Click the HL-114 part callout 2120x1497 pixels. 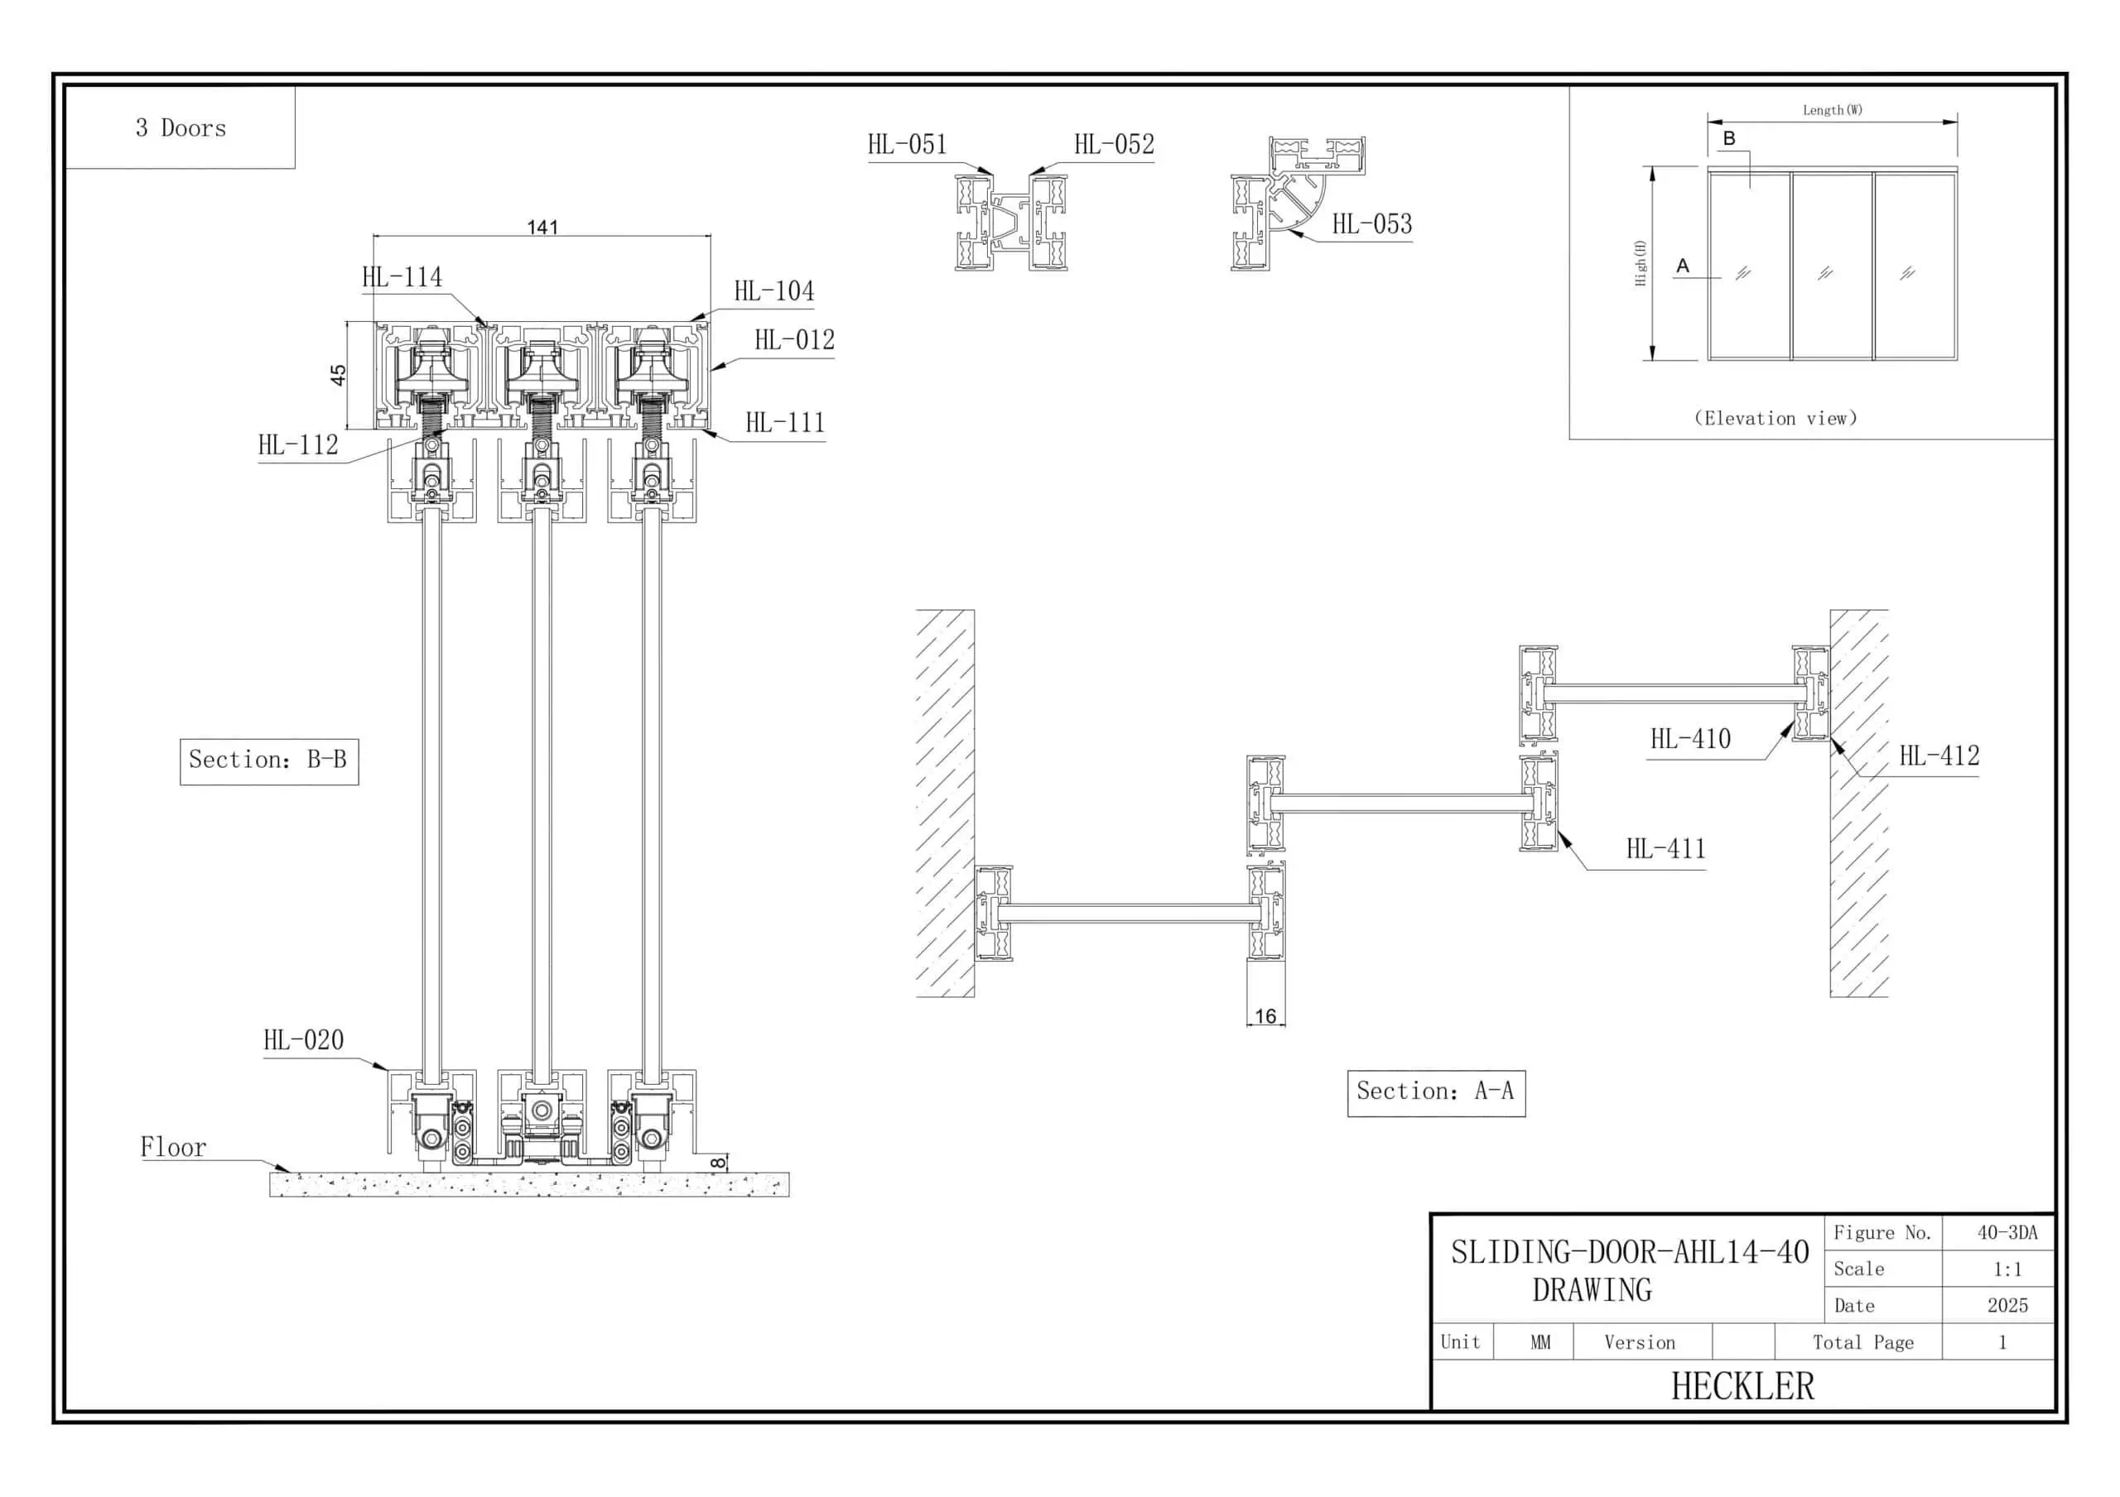point(402,277)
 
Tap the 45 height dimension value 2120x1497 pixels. point(338,375)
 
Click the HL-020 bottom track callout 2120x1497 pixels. point(303,1041)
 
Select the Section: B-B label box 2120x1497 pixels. point(268,760)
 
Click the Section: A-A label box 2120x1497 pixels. point(1436,1092)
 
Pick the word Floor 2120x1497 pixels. point(173,1148)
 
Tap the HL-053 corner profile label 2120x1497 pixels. point(1371,224)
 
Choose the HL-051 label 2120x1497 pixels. point(907,145)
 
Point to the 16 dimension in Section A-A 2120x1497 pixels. point(1265,1016)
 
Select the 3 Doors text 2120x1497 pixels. point(181,128)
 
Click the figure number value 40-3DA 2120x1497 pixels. point(2007,1233)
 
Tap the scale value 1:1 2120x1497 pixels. point(2007,1270)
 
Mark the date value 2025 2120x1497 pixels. point(2007,1306)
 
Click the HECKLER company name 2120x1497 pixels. point(1742,1387)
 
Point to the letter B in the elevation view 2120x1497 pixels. point(1728,138)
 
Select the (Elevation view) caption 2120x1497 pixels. point(1775,419)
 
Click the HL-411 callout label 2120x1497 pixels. point(1665,849)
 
